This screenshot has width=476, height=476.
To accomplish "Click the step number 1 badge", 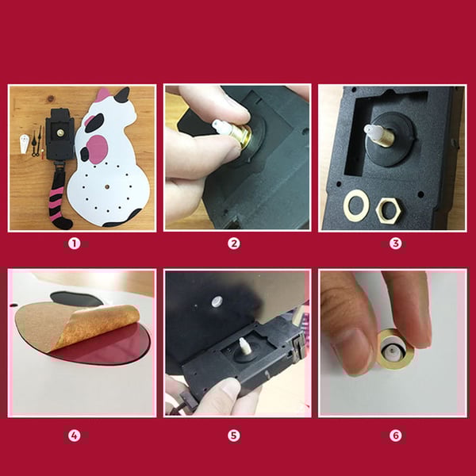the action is click(x=74, y=244).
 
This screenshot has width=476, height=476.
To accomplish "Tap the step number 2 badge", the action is click(x=233, y=244).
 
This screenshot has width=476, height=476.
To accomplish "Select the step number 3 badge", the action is click(x=396, y=244).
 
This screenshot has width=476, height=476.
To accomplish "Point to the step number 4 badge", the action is click(x=74, y=436).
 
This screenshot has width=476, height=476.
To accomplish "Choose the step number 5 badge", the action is click(x=233, y=436).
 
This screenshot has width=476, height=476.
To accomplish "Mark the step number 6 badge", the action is click(x=396, y=436).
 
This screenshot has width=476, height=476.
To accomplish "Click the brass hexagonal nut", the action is click(x=389, y=209).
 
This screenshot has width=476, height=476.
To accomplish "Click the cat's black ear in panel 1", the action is click(x=122, y=94).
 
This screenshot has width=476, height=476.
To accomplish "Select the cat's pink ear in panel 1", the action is click(x=103, y=95).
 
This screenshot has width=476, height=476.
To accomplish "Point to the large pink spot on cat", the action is click(x=98, y=149).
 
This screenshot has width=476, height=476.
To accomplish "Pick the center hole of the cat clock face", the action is click(x=107, y=187).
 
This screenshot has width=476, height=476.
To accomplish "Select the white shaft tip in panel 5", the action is click(x=244, y=346).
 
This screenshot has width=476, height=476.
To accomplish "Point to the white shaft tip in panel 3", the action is click(x=373, y=132).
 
